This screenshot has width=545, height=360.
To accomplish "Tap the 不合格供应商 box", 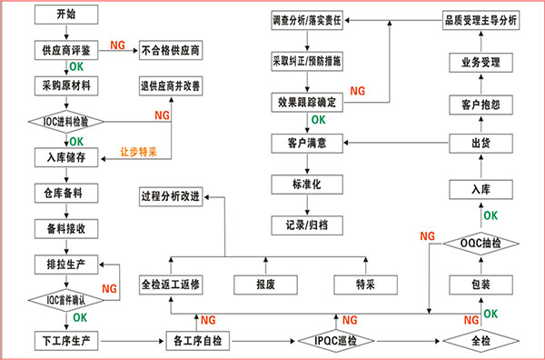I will point(169,50).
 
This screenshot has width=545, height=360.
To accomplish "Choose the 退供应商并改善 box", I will point(171,88).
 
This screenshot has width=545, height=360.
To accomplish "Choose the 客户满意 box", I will point(307,144).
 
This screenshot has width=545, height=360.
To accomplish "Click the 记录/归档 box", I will point(307,222).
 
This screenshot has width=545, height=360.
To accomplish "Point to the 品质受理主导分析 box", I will point(481,19).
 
